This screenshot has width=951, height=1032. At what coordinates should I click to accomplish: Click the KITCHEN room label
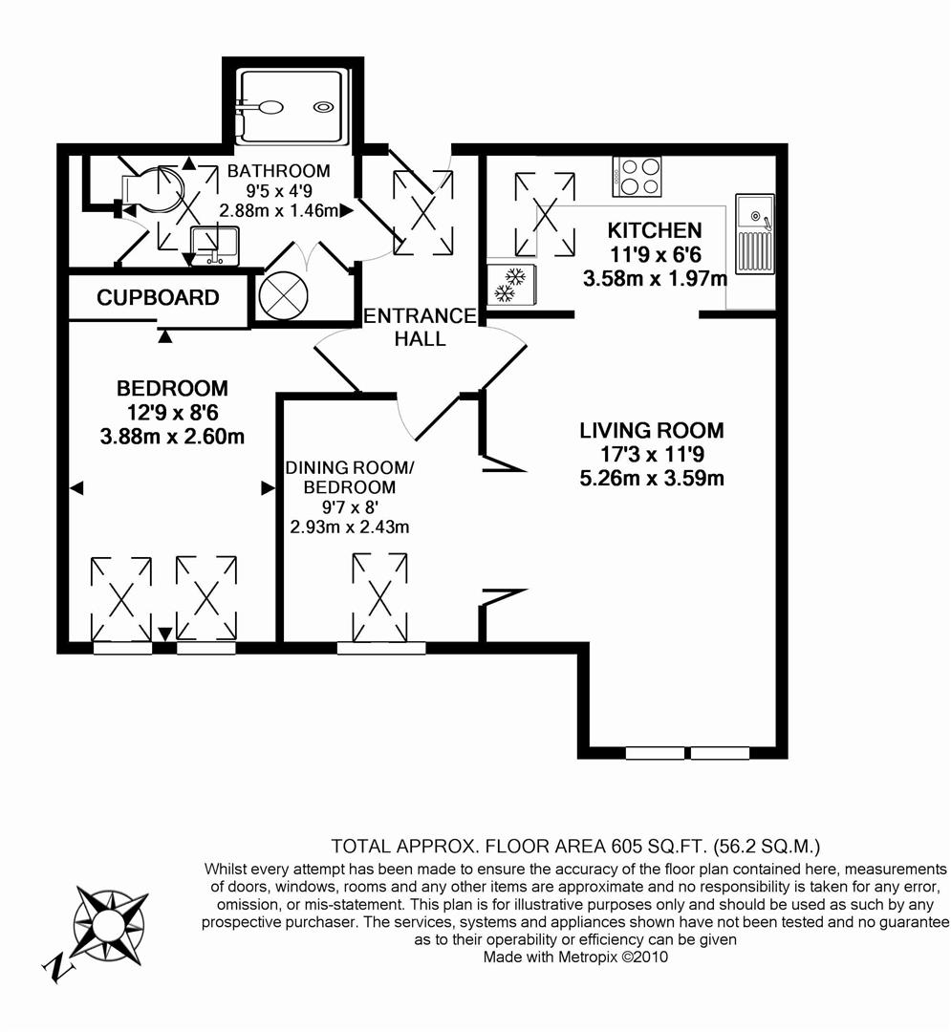(x=655, y=230)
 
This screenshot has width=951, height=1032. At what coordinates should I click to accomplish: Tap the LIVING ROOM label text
(x=651, y=430)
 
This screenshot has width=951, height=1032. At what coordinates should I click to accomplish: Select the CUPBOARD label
(x=158, y=298)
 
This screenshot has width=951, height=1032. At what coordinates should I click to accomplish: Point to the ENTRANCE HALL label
(x=420, y=327)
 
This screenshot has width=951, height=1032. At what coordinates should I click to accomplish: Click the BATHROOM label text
(x=278, y=171)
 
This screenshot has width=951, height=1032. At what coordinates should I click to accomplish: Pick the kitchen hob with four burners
(x=638, y=176)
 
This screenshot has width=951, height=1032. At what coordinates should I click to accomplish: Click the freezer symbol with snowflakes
(x=512, y=285)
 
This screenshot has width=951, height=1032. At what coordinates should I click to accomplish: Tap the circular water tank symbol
(x=284, y=296)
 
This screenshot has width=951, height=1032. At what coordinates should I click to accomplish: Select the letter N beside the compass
(x=59, y=969)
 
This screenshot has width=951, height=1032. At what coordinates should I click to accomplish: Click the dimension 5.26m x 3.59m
(x=651, y=478)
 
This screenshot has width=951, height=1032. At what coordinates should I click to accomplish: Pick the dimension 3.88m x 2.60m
(x=172, y=437)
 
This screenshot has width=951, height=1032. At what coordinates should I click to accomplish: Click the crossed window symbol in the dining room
(x=379, y=598)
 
